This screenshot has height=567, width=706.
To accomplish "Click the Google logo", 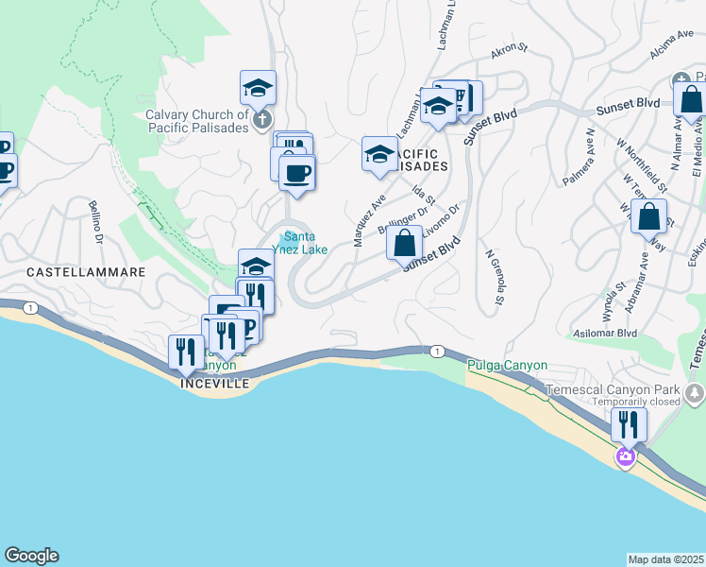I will coord(31,556).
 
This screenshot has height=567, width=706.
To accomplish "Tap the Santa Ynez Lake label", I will coord(300,243).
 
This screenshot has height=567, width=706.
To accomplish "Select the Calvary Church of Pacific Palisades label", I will coord(196,122).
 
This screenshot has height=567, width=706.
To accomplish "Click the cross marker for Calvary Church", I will coord(263,119).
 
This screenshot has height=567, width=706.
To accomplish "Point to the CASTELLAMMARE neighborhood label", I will coord(86,271).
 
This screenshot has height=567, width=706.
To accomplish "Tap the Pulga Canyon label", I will coord(508,365).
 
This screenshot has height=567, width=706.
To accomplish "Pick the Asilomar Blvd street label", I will coord(605,334).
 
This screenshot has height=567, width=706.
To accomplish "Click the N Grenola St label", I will coord(491,279).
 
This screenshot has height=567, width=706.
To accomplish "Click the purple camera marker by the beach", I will coord(625,457).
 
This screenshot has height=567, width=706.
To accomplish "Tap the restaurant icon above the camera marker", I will coord(628,424).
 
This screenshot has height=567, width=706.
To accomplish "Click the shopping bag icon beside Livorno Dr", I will coord(403,243).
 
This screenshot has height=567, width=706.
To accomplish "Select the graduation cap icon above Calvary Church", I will coord(258,89).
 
